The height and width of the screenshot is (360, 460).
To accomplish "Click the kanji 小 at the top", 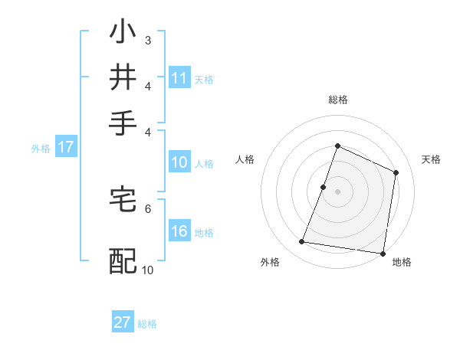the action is (x=123, y=34).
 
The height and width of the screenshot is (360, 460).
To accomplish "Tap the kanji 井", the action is (x=123, y=77).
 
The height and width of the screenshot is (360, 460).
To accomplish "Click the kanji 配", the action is (x=123, y=261).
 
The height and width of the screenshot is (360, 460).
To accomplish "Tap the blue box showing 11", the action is (x=179, y=78).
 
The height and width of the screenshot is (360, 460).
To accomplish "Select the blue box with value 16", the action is (x=179, y=232).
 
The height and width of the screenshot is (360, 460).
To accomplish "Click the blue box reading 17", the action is (x=65, y=148).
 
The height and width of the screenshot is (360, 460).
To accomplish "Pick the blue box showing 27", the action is (x=123, y=322).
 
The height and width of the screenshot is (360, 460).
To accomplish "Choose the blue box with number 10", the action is (x=179, y=162).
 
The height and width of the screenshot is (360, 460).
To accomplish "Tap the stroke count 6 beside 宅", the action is (x=147, y=208).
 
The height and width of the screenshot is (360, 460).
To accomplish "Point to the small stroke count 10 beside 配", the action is (x=147, y=270).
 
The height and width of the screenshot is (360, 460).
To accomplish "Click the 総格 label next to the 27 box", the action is (x=147, y=323).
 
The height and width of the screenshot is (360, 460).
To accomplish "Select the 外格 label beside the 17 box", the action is (x=41, y=149).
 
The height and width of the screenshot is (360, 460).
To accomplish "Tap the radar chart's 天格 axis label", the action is (x=431, y=159).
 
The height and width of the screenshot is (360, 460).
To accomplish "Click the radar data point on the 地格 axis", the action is (x=383, y=253).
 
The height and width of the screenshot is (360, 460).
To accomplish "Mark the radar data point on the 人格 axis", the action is (x=324, y=187).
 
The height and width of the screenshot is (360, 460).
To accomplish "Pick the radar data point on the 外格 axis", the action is (x=302, y=242).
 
